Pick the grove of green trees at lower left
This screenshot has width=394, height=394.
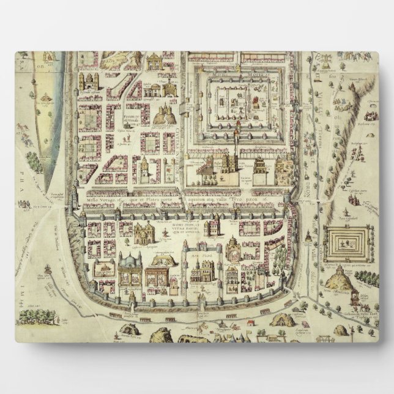(37, 316)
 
